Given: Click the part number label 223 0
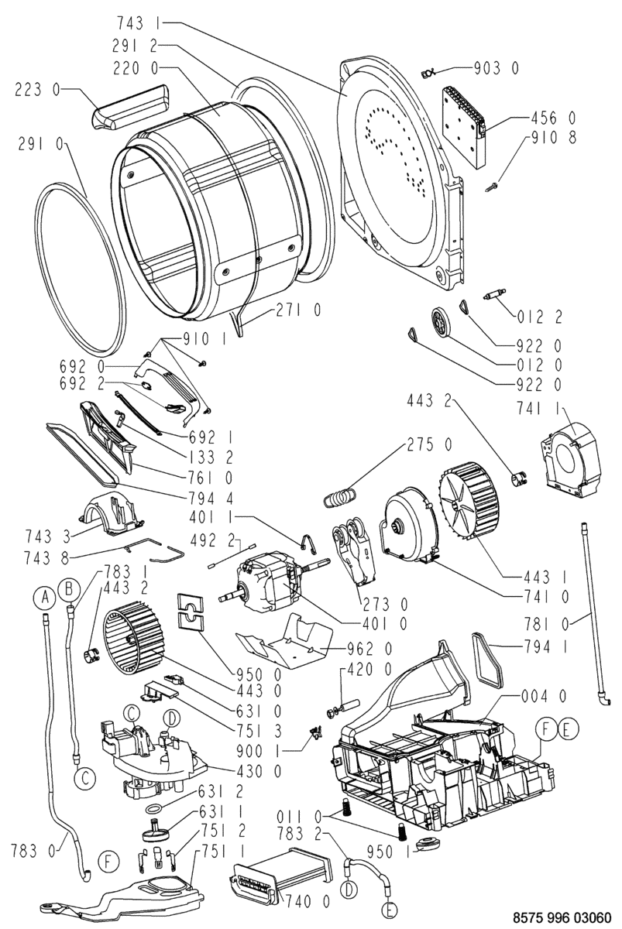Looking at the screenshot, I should point(37,91).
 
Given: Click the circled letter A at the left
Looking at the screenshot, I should point(46,596).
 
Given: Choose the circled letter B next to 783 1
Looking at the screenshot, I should point(70,590).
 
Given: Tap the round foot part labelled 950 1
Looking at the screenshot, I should point(426,844).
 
